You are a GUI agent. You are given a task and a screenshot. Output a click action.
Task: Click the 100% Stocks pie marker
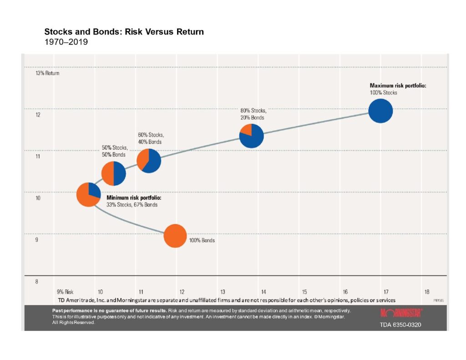[380, 111]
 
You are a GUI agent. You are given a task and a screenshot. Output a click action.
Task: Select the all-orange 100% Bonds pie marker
[175, 236]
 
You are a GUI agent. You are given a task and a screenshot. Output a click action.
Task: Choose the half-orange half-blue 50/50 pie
[113, 173]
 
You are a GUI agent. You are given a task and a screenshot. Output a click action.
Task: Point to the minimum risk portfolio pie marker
[88, 195]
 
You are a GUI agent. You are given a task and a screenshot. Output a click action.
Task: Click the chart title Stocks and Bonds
[124, 32]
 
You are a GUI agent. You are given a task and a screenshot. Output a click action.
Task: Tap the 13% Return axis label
[47, 73]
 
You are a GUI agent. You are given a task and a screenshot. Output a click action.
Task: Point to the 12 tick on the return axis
[38, 115]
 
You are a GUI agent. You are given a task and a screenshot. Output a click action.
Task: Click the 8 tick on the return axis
[36, 282]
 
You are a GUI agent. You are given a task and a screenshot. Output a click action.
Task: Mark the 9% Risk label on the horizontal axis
[65, 292]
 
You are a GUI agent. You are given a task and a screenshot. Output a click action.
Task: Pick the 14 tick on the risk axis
[263, 292]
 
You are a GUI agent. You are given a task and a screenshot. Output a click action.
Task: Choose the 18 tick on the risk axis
[426, 292]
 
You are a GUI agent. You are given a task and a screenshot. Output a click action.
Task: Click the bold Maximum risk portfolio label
[398, 85]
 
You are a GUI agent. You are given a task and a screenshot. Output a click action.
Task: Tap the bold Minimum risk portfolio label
[134, 198]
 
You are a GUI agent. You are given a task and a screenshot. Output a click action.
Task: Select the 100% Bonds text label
[202, 240]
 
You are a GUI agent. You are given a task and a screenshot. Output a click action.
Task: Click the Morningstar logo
[401, 313]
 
